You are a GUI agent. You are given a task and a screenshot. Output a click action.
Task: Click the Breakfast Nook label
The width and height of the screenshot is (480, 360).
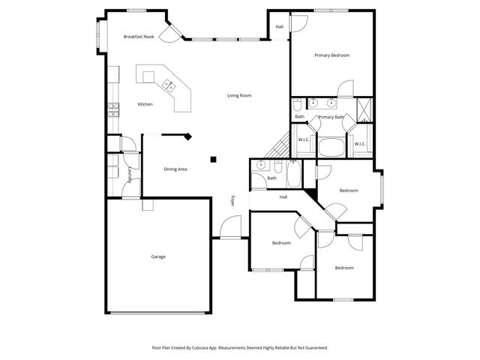139,37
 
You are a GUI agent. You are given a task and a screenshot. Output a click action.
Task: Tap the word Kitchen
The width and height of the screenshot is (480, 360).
145,104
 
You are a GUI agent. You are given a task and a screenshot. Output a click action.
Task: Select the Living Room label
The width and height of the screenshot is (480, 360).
239,95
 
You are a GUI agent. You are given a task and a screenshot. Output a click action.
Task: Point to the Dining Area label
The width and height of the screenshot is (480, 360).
175,169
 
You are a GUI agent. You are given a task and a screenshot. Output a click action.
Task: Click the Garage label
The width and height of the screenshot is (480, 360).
158,256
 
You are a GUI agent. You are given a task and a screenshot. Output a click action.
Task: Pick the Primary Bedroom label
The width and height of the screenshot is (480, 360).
331,55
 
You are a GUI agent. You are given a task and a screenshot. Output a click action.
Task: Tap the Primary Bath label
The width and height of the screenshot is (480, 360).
331,117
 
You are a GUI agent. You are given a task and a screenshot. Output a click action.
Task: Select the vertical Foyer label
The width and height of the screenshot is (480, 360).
232,201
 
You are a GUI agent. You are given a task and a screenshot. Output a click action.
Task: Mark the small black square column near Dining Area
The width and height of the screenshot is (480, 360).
214,158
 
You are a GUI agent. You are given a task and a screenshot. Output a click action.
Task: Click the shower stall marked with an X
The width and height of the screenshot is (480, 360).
364,109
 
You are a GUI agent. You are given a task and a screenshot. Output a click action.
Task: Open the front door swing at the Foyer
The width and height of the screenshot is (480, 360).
232,227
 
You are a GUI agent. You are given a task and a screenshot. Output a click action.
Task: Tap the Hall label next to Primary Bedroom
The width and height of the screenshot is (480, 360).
279,27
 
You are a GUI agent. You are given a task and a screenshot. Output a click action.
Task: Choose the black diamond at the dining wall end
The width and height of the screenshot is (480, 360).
188,136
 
